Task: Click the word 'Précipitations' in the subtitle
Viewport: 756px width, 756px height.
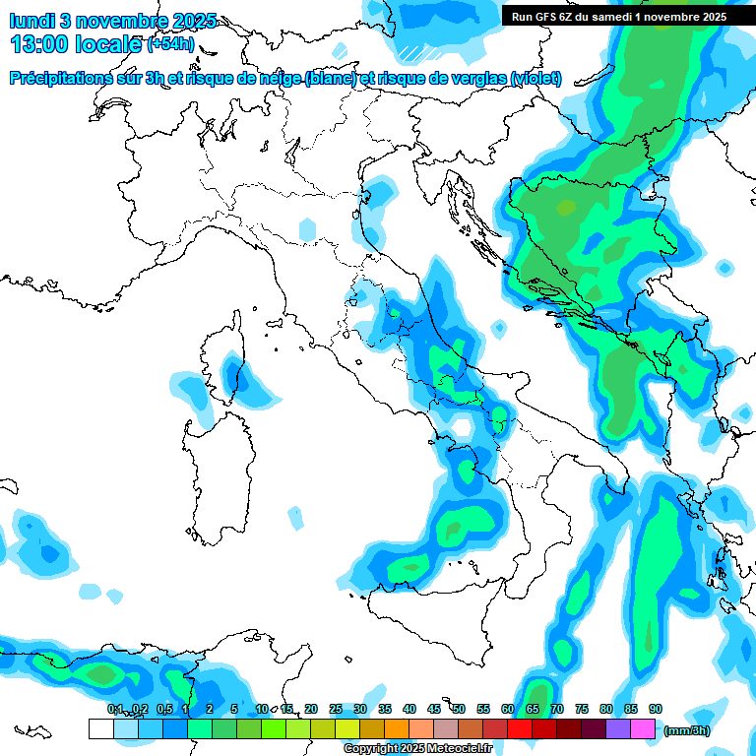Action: click(66, 78)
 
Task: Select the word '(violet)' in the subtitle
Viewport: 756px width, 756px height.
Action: click(536, 78)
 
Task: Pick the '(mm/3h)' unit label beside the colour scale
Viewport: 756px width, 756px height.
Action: click(686, 730)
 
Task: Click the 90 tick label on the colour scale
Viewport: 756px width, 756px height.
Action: click(656, 709)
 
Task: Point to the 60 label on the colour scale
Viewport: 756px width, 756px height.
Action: click(508, 709)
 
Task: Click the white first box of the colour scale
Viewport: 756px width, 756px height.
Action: click(100, 728)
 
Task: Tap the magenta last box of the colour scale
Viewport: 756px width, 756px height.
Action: click(643, 728)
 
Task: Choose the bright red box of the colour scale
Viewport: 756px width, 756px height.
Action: click(520, 728)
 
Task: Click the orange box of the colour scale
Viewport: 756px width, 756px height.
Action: click(397, 728)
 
